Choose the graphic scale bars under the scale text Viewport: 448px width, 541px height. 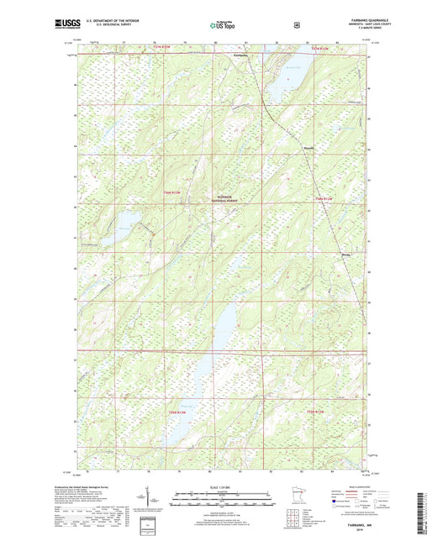pos(223,502)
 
